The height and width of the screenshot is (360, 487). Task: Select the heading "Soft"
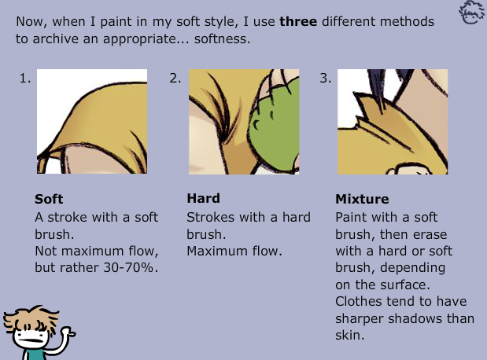(49, 199)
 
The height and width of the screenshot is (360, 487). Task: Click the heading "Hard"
(203, 198)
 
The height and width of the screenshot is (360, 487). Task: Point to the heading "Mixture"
(362, 199)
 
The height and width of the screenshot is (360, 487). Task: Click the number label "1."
(25, 78)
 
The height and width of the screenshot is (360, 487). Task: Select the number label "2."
(175, 78)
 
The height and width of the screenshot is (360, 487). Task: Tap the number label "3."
(325, 78)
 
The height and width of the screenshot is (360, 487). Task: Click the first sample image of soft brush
(92, 121)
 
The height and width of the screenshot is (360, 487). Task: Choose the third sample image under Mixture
(393, 121)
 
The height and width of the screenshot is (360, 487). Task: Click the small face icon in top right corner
(472, 13)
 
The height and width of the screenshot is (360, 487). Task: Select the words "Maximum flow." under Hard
(234, 252)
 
